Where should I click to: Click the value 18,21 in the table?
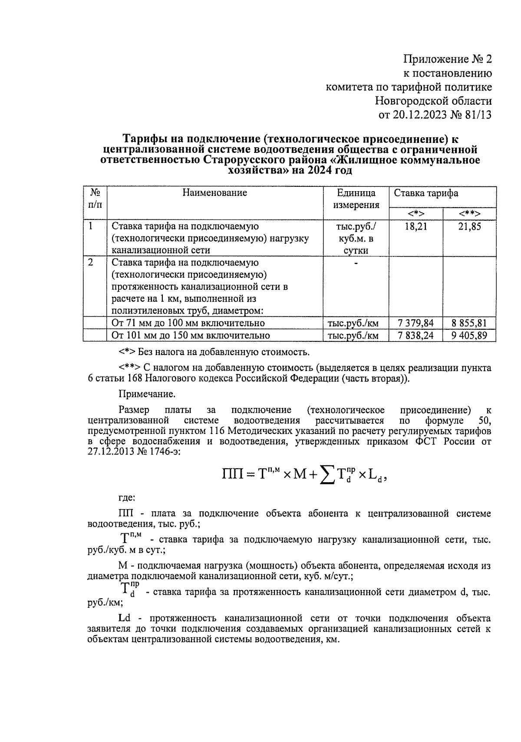(x=415, y=227)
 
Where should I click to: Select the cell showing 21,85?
(x=469, y=227)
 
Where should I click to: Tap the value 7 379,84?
(x=415, y=323)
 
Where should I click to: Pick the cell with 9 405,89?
(x=469, y=335)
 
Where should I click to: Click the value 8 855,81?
(x=469, y=323)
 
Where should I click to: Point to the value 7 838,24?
(x=415, y=335)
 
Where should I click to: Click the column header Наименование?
(x=214, y=193)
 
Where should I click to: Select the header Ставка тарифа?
(x=426, y=193)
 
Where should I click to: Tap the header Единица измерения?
(x=356, y=199)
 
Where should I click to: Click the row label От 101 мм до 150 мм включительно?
(x=191, y=335)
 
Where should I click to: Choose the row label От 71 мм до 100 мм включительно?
(x=188, y=323)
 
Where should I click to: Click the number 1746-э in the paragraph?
(x=163, y=451)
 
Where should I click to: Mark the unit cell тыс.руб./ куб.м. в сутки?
(x=356, y=238)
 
